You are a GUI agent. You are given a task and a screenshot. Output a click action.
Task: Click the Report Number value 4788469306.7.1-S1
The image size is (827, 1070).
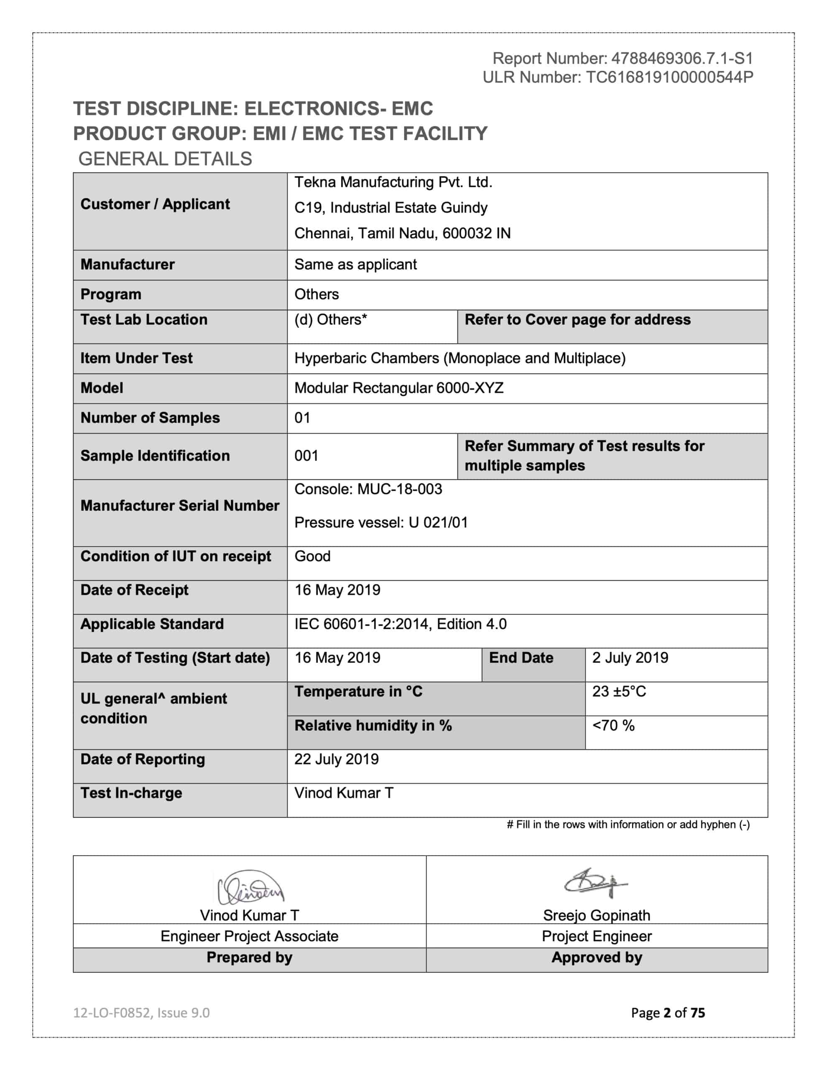point(682,59)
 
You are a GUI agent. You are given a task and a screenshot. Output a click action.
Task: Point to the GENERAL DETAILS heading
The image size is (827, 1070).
point(165,159)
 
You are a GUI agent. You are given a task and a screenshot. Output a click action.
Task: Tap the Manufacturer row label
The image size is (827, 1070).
point(128,265)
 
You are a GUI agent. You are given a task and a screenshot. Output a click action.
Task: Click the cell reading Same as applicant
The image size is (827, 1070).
point(355,265)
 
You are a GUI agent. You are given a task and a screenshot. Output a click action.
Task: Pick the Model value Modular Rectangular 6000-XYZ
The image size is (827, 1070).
point(398,388)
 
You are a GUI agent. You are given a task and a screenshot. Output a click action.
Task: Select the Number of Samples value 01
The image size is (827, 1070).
point(302,418)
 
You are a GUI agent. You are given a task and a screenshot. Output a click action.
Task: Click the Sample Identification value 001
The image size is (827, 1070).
point(306,456)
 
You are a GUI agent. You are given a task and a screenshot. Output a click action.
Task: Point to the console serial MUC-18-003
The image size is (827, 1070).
point(400,489)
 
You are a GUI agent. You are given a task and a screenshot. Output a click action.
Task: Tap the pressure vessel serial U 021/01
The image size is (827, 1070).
point(438,523)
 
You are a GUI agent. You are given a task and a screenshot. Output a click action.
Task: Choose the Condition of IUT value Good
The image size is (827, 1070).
point(312,557)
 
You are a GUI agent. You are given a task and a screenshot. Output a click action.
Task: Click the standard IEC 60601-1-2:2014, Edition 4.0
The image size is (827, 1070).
point(400,624)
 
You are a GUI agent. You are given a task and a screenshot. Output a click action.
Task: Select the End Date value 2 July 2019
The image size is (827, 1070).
point(630,658)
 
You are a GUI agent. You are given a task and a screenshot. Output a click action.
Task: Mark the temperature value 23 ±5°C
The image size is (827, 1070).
point(619,692)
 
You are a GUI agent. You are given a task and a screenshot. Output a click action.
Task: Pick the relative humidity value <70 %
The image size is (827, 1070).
point(613,726)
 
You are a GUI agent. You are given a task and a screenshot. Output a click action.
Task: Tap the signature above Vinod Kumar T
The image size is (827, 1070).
point(250,888)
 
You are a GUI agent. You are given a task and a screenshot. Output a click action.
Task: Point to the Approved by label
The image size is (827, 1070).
point(597,958)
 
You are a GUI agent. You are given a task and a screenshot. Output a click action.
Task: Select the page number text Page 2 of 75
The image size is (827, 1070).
point(668,1013)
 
